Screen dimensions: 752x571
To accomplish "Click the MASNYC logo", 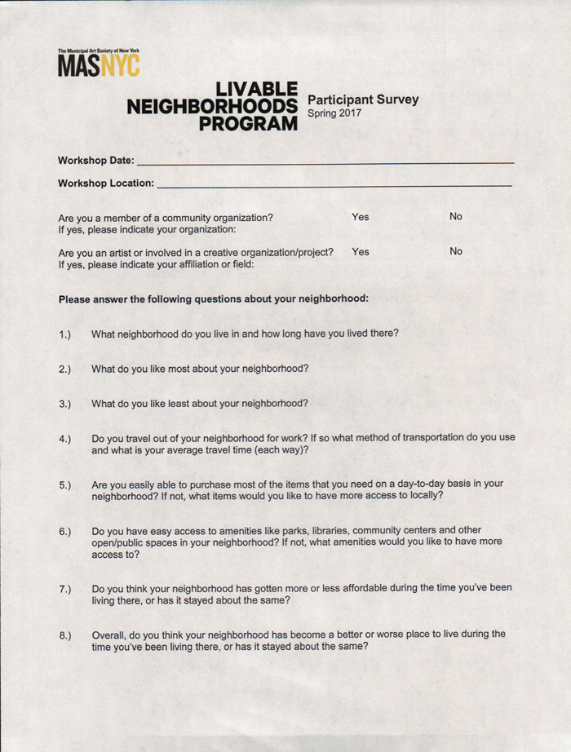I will tap(98, 63).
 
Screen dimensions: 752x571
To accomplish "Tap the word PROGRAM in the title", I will tap(249, 124).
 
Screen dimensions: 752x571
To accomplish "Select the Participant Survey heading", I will tap(362, 100).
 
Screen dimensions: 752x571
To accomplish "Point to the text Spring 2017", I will tap(334, 113).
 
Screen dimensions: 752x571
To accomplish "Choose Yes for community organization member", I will tap(360, 217).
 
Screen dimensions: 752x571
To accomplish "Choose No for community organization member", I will tap(455, 217).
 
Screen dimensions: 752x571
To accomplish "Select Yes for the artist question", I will tap(360, 252).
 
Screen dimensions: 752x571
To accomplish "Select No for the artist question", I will tap(455, 252).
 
